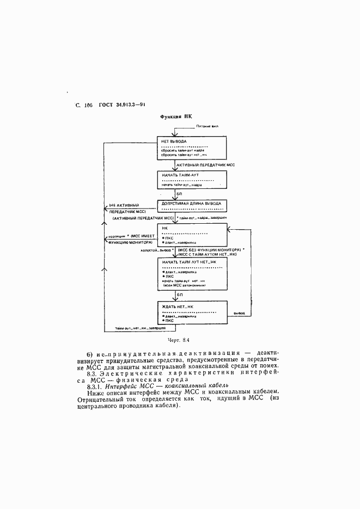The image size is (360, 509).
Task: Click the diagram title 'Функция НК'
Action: point(176,116)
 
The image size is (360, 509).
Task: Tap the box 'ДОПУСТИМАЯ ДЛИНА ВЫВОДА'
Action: point(191,205)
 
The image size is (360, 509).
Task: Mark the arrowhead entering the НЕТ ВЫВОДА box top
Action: point(174,134)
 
